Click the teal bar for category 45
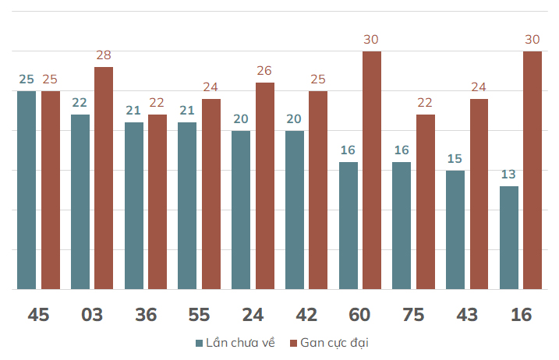[27, 190]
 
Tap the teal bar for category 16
[508, 238]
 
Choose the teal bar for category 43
[455, 230]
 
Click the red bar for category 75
[425, 202]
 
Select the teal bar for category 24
[241, 210]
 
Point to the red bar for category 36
[157, 202]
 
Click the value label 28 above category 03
[104, 55]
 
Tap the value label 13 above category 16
[508, 175]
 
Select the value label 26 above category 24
[264, 71]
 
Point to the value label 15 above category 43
[455, 159]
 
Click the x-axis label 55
[199, 315]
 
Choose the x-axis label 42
[306, 315]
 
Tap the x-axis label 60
[359, 315]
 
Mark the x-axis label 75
[413, 315]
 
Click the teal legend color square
[200, 343]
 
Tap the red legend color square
[294, 343]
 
